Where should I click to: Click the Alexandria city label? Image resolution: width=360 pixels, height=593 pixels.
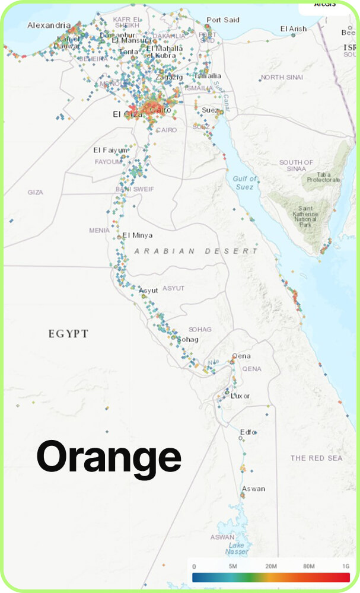(49, 25)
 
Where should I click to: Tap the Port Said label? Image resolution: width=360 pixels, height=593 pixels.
(223, 20)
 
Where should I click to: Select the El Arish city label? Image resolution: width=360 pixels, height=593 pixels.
(294, 28)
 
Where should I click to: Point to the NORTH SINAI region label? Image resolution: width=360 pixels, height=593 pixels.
(281, 78)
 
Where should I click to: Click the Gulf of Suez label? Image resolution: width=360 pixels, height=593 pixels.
(244, 183)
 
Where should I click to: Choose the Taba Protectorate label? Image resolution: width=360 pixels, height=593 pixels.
(324, 176)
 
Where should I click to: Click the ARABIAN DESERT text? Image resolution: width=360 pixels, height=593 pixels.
(196, 251)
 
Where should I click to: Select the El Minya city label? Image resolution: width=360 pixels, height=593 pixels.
(137, 235)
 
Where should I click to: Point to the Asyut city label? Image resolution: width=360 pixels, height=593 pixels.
(148, 291)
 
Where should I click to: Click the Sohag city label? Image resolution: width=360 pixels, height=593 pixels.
(187, 339)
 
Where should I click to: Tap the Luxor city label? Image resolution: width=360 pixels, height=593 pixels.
(240, 396)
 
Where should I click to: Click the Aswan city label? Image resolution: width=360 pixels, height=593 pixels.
(253, 489)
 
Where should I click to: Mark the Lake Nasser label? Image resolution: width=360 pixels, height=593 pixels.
(237, 549)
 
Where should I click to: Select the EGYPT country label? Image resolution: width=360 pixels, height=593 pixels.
(68, 334)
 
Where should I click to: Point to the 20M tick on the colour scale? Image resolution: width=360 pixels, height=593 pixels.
(271, 567)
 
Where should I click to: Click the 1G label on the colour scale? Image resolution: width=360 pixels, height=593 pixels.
(345, 567)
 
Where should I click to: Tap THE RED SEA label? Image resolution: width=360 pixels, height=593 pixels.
(316, 458)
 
